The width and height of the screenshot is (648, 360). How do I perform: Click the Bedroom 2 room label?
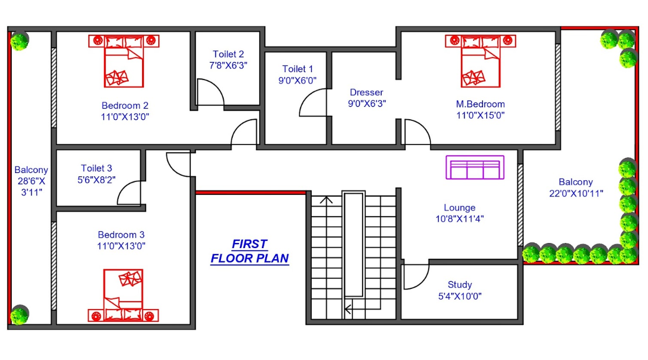pos(125,105)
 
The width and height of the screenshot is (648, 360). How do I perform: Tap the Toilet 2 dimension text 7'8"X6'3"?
pos(228,65)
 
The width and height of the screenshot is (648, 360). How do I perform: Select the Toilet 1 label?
pos(298,69)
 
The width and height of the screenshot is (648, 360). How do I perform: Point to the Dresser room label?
pos(367,92)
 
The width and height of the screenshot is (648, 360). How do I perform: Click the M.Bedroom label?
pos(480,104)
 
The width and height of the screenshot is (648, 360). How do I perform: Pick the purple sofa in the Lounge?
pos(475,167)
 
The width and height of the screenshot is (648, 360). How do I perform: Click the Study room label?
pos(459,284)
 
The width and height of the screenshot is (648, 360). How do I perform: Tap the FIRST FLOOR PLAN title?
pos(250,251)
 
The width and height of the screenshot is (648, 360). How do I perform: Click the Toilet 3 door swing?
pos(129,193)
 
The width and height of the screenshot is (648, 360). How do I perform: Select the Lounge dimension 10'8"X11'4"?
pos(459,219)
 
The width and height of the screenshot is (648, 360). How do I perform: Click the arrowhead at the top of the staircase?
pos(326,199)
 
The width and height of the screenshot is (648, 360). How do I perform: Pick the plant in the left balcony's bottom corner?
pos(20,315)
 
